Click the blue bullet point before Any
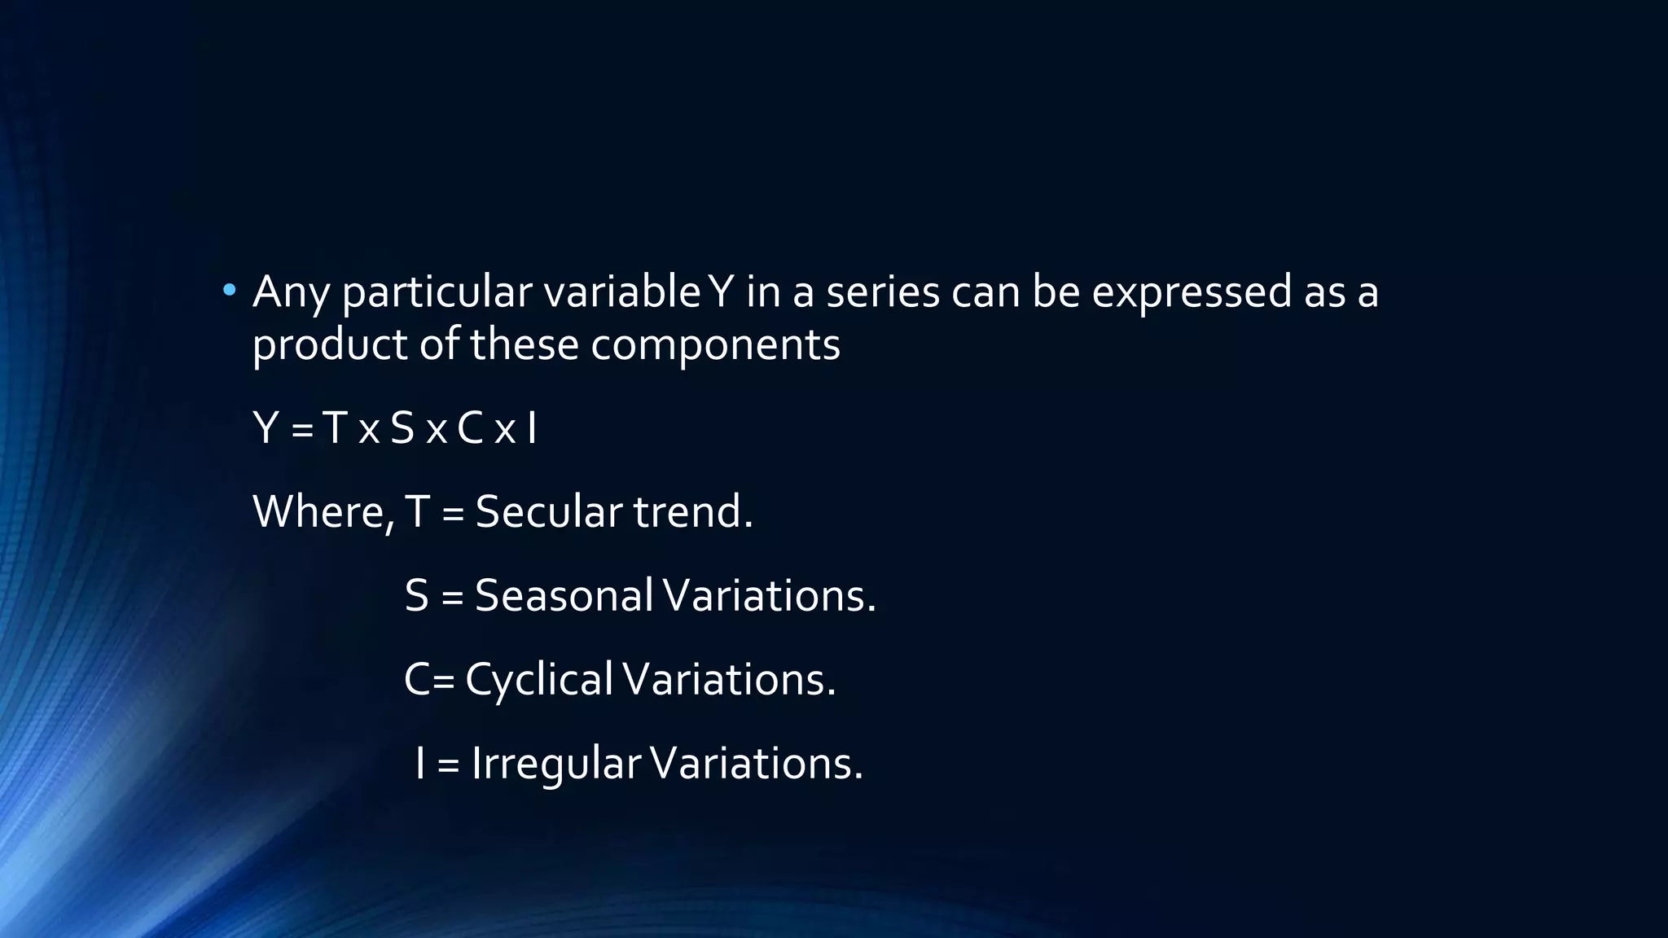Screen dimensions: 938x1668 pyautogui.click(x=230, y=290)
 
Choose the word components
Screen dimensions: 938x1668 pyautogui.click(x=715, y=345)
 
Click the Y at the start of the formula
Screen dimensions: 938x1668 pyautogui.click(x=266, y=428)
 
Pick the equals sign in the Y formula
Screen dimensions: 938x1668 pyautogui.click(x=302, y=430)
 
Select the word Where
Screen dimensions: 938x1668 pyautogui.click(x=323, y=512)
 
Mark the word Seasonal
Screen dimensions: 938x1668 pyautogui.click(x=564, y=595)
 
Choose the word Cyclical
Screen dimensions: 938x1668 pyautogui.click(x=538, y=680)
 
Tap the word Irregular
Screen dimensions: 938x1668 pyautogui.click(x=555, y=764)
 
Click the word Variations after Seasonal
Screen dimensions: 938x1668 pyautogui.click(x=769, y=595)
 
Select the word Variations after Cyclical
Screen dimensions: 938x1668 pyautogui.click(x=729, y=679)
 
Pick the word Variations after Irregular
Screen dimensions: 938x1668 pyautogui.click(x=756, y=764)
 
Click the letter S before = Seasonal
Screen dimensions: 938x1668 pyautogui.click(x=416, y=595)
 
